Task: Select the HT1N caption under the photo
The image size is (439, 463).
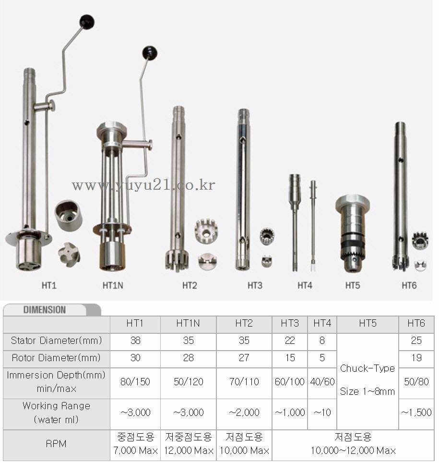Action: click(113, 286)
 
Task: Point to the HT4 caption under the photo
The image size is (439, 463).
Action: click(305, 286)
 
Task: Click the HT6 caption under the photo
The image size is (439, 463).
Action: click(409, 286)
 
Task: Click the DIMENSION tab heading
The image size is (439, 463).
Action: click(45, 310)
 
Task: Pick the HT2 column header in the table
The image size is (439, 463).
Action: click(244, 323)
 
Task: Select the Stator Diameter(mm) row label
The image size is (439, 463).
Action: click(56, 341)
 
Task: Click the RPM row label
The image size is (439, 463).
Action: click(56, 444)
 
